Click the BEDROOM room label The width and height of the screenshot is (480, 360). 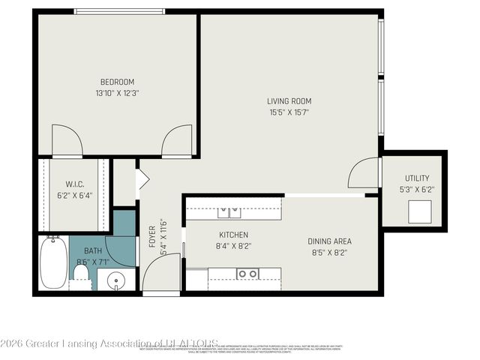[118, 82]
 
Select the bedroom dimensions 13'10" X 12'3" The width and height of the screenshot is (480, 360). [118, 94]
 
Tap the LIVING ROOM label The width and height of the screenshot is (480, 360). [289, 101]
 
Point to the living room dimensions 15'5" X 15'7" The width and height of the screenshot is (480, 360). [289, 113]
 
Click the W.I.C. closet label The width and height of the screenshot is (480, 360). [73, 183]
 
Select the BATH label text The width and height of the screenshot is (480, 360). [93, 251]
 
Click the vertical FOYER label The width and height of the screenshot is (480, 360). [151, 234]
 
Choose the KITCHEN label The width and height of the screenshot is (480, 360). [233, 235]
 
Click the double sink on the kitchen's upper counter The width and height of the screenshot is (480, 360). [229, 211]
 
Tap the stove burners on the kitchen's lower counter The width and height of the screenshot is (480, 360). [247, 274]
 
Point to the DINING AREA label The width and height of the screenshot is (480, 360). [329, 241]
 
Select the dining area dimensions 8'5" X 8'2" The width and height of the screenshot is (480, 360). [329, 253]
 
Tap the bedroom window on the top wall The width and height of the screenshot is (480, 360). [119, 10]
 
